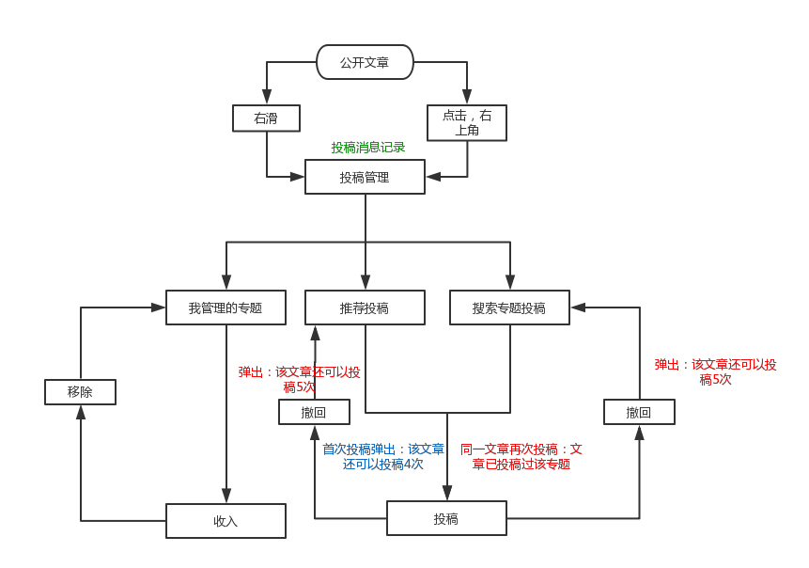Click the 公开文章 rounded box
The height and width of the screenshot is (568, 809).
pyautogui.click(x=365, y=64)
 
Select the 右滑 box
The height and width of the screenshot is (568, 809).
pyautogui.click(x=266, y=118)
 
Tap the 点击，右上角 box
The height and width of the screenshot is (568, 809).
pyautogui.click(x=467, y=122)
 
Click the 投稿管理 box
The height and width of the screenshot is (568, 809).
pyautogui.click(x=365, y=177)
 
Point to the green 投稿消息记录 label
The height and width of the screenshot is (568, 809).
pyautogui.click(x=368, y=148)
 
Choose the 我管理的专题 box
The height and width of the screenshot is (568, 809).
pyautogui.click(x=226, y=308)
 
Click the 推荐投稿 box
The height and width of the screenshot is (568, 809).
pyautogui.click(x=365, y=308)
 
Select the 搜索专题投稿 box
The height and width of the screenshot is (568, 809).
pyautogui.click(x=509, y=308)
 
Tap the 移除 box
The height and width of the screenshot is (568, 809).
pyautogui.click(x=80, y=392)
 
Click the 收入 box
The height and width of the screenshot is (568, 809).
pyautogui.click(x=226, y=521)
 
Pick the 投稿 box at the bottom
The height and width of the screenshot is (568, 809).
pyautogui.click(x=446, y=518)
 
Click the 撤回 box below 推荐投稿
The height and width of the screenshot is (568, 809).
pyautogui.click(x=314, y=412)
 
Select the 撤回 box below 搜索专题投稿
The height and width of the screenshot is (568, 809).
pyautogui.click(x=639, y=412)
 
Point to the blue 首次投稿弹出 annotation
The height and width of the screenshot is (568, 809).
pyautogui.click(x=383, y=457)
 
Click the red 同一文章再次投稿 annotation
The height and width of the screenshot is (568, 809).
pyautogui.click(x=521, y=457)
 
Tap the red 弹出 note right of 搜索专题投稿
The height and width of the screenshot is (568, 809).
pyautogui.click(x=715, y=371)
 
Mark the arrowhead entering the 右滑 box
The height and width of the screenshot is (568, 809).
pyautogui.click(x=267, y=98)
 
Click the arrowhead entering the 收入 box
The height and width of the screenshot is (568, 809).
pyautogui.click(x=226, y=497)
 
